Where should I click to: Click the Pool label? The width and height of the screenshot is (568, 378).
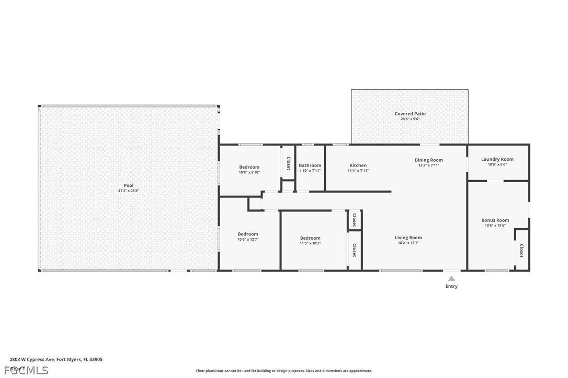128,185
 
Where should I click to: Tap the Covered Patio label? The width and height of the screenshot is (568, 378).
410,113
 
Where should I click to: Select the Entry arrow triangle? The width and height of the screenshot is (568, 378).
451,279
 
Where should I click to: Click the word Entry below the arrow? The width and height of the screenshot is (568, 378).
451,286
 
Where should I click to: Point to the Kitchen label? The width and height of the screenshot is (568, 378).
358,166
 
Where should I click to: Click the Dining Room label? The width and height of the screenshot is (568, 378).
428,160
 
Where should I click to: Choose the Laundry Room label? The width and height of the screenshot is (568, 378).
497,159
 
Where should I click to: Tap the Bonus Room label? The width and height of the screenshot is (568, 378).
495,220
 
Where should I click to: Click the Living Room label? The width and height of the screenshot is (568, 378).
408,238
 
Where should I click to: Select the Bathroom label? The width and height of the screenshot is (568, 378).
310,166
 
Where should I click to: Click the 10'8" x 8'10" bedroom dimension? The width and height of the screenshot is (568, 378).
249,172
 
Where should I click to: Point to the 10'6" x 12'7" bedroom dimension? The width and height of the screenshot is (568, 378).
248,239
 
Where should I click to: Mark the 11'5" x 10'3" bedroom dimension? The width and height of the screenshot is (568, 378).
310,243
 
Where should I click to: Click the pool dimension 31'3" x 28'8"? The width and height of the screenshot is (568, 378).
128,191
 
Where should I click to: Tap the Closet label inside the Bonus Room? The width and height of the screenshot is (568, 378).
521,251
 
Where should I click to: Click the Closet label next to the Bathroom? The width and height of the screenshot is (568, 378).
288,163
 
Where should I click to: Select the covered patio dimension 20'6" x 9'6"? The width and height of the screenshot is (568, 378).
410,119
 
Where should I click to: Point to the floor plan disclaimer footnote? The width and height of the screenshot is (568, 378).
284,371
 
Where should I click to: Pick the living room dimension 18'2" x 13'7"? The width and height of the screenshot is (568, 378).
408,243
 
